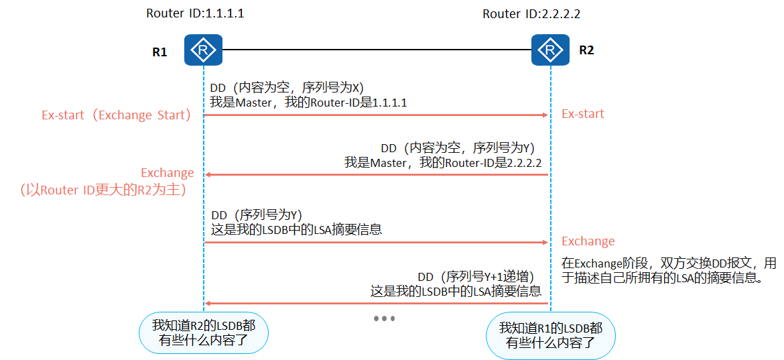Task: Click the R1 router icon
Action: pos(203,50)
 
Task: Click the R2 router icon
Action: pos(550,50)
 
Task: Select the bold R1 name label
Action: pos(159,52)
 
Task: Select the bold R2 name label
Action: pos(586,50)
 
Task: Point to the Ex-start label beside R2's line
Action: pos(582,114)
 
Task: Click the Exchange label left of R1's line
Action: pos(167,173)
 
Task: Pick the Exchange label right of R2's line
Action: pos(588,241)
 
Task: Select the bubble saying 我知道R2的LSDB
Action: pos(203,333)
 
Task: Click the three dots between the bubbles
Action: pos(384,318)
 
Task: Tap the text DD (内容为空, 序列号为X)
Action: pos(287,88)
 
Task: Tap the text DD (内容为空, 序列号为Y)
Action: pos(457,148)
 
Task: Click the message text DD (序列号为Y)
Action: pos(257,215)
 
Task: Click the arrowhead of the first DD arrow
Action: pos(545,115)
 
